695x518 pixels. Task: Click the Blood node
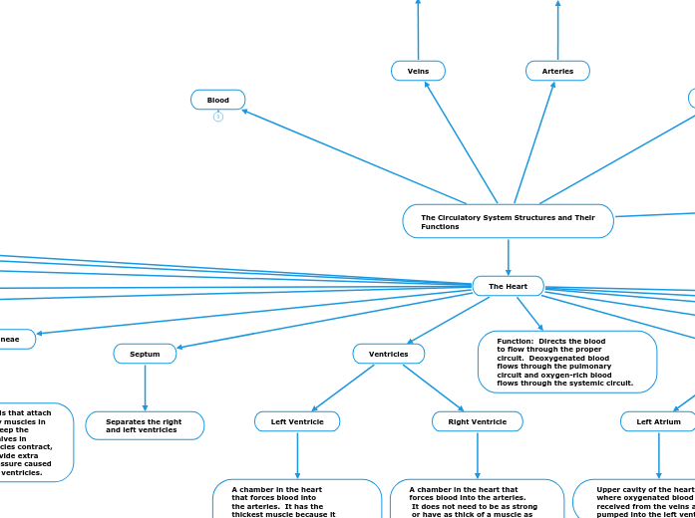218,100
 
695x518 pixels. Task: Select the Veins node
418,71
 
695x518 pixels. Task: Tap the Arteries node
557,71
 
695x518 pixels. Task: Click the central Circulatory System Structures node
508,221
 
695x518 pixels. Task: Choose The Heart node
508,286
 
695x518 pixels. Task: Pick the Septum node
145,354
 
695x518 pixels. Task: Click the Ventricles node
388,354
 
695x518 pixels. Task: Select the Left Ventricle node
297,421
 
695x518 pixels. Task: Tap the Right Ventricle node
477,421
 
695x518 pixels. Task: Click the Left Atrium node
658,421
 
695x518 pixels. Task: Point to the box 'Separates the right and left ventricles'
145,425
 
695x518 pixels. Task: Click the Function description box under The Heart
566,362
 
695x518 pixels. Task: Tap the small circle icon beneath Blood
218,117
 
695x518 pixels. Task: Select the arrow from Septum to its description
145,387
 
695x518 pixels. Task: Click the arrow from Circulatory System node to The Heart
509,257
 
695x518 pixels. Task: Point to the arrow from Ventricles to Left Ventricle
343,388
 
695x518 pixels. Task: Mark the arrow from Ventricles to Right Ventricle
434,388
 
